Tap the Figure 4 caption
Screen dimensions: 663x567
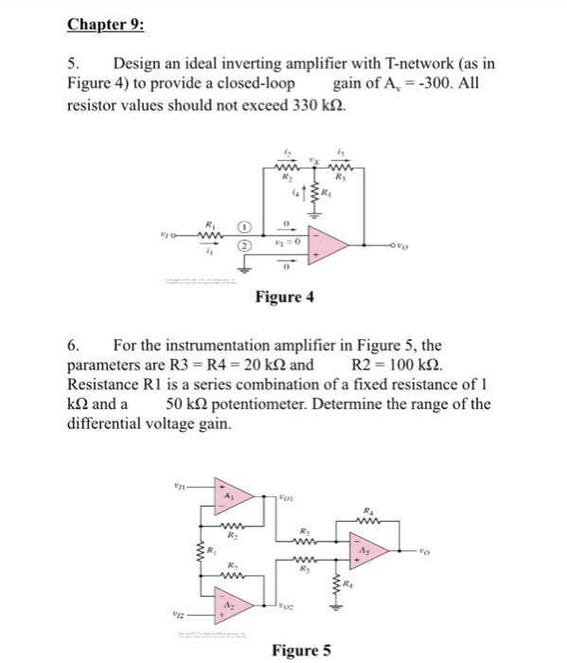[x=284, y=298]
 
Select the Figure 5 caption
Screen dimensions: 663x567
[x=301, y=649]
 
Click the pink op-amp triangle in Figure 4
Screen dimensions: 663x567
[x=335, y=245]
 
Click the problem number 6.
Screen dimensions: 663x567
[x=73, y=368]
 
